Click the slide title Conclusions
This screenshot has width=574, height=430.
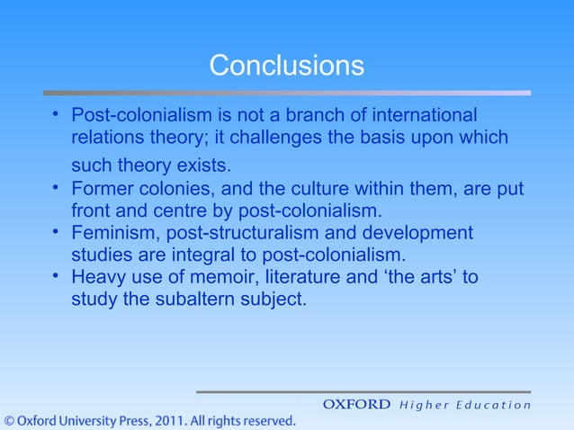tap(286, 66)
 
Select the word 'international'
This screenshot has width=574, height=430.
tap(424, 116)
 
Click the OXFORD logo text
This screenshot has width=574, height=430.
tap(356, 405)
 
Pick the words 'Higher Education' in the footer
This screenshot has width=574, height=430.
tap(464, 405)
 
